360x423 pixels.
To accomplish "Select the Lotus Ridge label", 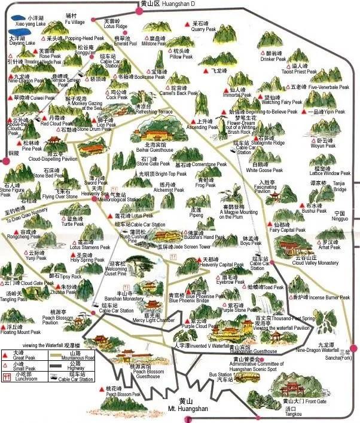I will coord(115,27).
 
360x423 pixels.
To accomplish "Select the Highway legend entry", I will coord(75,366).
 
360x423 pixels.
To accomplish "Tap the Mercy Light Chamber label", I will coord(154,320).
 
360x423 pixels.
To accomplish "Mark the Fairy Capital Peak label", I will coord(288,229).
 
